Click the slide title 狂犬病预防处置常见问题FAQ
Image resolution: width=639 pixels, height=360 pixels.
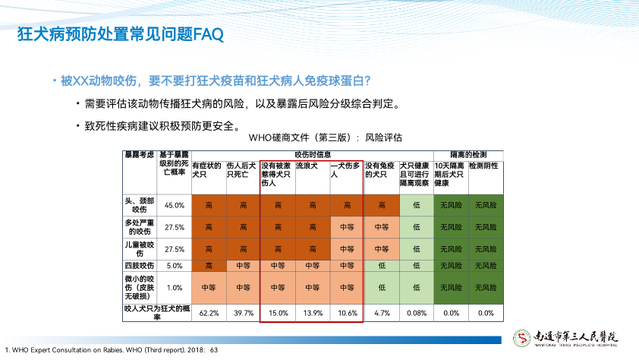tap(121, 35)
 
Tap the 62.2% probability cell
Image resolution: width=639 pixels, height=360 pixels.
tap(209, 312)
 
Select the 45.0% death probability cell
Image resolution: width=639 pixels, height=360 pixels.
tap(175, 205)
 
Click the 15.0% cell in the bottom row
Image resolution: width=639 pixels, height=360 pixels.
tap(279, 312)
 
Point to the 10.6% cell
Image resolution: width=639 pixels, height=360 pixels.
tap(348, 312)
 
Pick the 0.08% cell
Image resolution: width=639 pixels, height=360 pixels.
tap(416, 312)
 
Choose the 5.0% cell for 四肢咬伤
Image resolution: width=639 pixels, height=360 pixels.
tap(175, 266)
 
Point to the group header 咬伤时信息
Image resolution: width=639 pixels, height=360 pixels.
tap(312, 154)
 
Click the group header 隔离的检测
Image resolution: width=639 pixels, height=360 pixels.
tap(467, 154)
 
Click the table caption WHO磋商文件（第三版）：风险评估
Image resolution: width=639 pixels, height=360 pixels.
tap(325, 138)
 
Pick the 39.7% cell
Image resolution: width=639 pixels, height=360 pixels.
tap(244, 312)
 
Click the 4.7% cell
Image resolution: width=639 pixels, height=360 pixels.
tap(382, 312)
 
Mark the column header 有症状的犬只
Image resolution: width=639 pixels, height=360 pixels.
tap(206, 169)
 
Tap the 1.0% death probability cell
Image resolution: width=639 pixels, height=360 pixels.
tap(175, 287)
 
